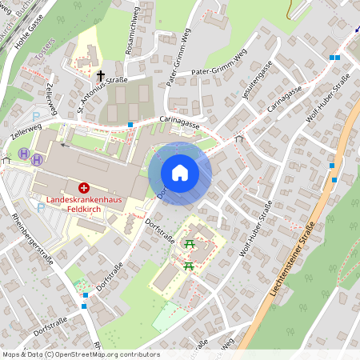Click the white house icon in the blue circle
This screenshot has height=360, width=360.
click(x=180, y=173)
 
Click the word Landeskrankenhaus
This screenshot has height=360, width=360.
click(x=83, y=199)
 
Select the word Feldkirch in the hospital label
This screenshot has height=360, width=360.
click(x=83, y=210)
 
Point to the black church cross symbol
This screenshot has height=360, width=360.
click(x=101, y=76)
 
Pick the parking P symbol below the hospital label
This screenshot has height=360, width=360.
click(x=41, y=207)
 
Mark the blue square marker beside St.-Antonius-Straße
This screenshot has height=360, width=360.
click(x=130, y=125)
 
